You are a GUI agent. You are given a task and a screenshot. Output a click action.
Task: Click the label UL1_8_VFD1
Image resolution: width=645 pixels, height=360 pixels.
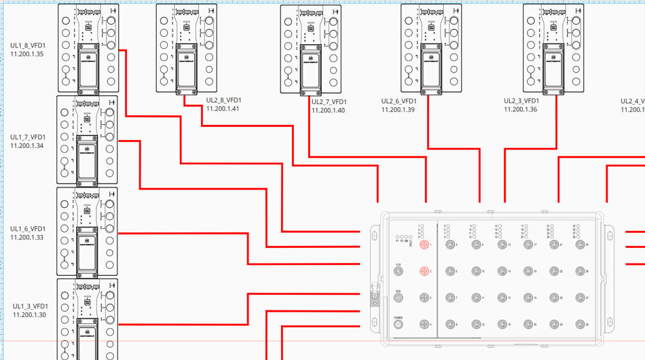coord(28,46)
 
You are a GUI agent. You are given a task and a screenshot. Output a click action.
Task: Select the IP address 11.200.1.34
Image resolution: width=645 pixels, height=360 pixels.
coord(27,145)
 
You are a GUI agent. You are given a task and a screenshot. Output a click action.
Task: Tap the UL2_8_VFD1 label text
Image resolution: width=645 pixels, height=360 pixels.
coord(223,101)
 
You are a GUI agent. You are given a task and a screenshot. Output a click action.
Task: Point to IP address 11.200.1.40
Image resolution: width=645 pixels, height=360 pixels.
coord(328,111)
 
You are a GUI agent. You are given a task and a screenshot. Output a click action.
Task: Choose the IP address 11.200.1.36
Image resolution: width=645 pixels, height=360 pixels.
coord(521,109)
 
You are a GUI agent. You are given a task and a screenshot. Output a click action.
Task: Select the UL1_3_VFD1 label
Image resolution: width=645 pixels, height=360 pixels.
coord(30,306)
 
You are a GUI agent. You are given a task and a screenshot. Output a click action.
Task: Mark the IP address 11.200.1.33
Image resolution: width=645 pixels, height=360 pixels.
coord(27,237)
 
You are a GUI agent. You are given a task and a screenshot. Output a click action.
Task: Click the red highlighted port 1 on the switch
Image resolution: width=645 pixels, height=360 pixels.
coord(424,244)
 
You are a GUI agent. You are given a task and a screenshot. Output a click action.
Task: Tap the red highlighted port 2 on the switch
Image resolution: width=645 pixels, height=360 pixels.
coord(424,271)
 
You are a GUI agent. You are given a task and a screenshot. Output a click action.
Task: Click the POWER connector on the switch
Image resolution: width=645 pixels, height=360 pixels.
coord(399,325)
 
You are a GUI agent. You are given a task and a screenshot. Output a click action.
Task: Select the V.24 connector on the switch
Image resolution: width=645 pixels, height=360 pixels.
coord(399,271)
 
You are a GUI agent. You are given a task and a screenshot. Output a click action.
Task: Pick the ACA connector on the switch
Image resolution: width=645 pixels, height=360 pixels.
coord(399,298)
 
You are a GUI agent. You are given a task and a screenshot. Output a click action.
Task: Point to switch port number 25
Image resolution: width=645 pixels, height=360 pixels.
coord(578,244)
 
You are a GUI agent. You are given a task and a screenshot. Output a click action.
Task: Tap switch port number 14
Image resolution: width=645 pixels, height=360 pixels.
coord(501,271)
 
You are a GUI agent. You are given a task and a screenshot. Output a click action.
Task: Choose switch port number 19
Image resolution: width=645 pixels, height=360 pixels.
coord(527,298)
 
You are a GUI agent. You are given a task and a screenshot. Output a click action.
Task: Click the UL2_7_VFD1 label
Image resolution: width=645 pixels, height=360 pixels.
coord(329,102)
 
